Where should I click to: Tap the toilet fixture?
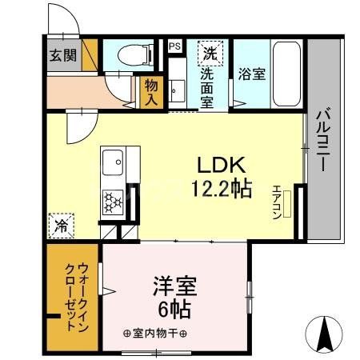131,54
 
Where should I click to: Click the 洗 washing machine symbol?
209,54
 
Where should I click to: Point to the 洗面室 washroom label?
206,86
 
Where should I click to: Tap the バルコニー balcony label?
323,142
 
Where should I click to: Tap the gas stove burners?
112,202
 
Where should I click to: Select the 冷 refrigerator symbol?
62,226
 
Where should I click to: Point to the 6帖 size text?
174,308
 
